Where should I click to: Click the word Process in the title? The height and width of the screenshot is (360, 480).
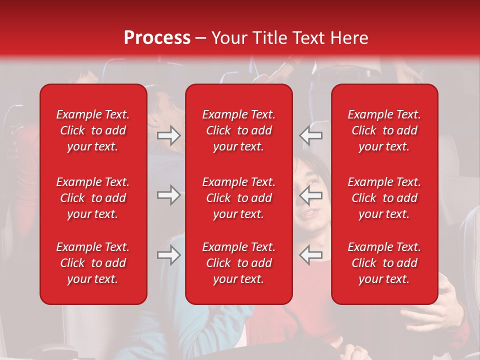coord(157,38)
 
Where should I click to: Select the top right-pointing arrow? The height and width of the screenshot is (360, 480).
coord(168,135)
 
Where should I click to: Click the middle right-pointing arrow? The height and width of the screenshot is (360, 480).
coord(168,195)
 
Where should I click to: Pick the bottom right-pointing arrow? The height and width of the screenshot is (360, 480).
coord(168,255)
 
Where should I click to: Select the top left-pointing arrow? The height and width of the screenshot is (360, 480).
coord(311,135)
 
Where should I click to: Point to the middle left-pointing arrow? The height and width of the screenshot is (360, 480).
coord(311,195)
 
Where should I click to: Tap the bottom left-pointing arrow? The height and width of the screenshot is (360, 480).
coord(311,255)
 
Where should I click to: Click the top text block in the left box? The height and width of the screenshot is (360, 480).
coord(93,130)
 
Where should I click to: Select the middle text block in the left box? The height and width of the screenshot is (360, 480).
coord(93,198)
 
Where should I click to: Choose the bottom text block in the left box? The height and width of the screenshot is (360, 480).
coord(93,263)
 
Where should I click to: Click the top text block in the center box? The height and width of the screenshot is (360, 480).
coord(238,130)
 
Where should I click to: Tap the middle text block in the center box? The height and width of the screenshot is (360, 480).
coord(238,198)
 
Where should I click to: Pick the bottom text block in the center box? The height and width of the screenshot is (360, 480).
coord(238,263)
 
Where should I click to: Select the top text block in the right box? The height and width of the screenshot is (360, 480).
coord(384,130)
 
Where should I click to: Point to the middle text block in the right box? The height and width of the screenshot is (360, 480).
coord(384,198)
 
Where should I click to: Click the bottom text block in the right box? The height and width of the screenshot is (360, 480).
coord(384,263)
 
